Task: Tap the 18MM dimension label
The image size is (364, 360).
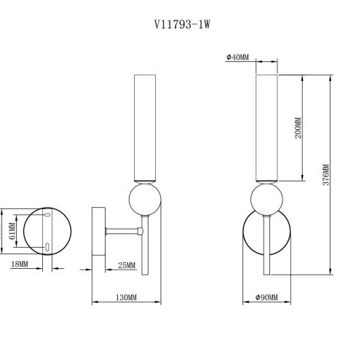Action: pos(20,265)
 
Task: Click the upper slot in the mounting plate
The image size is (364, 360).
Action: pos(48,216)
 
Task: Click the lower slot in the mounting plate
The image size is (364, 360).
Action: pos(48,246)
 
